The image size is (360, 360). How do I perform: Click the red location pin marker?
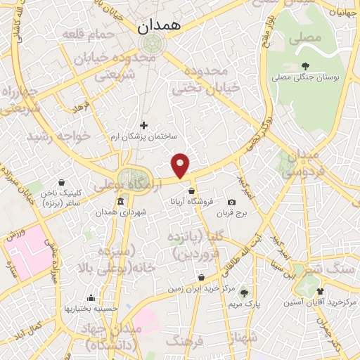point(181,165)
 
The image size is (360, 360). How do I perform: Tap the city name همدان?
point(160,27)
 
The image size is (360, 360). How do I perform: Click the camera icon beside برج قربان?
point(231,202)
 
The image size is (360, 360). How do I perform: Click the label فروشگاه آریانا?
point(186,200)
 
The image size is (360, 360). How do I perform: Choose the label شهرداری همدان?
point(115,212)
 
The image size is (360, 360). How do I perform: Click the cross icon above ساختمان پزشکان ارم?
point(143,125)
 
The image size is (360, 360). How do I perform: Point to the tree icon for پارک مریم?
point(244,293)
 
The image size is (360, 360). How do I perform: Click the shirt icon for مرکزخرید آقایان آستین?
point(321,292)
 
